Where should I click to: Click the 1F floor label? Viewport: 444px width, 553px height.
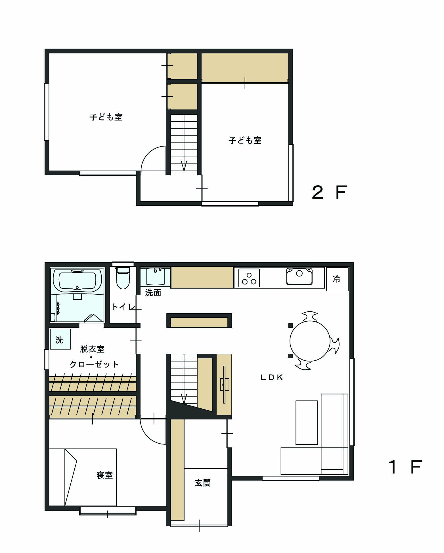(405, 467)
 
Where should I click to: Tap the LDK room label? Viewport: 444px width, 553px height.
(272, 377)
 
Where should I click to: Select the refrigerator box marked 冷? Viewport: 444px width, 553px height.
(337, 279)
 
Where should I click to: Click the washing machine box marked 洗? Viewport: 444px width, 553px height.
(60, 339)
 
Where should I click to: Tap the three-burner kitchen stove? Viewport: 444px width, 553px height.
(249, 278)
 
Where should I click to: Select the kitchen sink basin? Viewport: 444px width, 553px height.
(300, 276)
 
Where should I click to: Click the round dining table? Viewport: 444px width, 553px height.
(310, 341)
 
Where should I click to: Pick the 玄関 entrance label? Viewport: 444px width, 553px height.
(203, 483)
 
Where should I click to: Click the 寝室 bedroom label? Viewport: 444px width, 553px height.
(105, 475)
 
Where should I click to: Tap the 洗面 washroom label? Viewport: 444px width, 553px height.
(153, 293)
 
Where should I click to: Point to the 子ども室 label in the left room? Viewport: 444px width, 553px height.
(106, 117)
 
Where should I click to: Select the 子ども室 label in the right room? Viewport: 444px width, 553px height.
(245, 140)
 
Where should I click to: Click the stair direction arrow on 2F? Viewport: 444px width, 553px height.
(184, 166)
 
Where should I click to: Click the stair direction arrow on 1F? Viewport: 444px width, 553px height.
(184, 398)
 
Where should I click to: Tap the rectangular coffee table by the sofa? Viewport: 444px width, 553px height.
(307, 423)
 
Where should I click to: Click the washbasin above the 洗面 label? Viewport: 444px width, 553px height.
(155, 276)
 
